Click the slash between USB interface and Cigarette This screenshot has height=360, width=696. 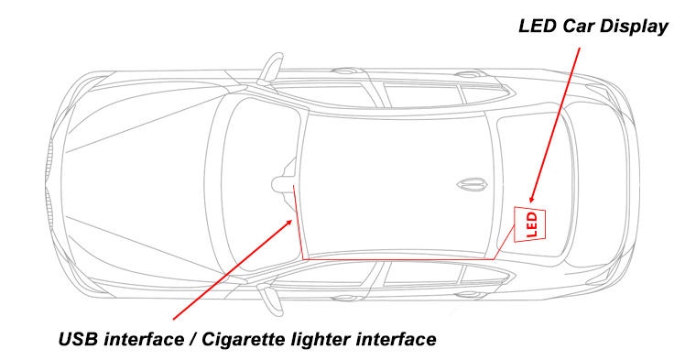pyautogui.click(x=191, y=340)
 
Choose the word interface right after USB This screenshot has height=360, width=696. pyautogui.click(x=143, y=339)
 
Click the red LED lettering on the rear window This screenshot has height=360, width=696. pyautogui.click(x=532, y=224)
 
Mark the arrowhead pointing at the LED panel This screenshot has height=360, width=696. pyautogui.click(x=532, y=200)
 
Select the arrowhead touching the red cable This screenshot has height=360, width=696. pyautogui.click(x=290, y=222)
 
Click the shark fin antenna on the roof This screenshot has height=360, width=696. pyautogui.click(x=473, y=183)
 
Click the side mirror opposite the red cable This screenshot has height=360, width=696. pyautogui.click(x=271, y=68)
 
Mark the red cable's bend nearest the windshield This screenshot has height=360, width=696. pyautogui.click(x=302, y=258)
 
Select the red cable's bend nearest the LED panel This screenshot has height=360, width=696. pyautogui.click(x=494, y=258)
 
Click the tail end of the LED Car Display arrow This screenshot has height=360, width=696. pyautogui.click(x=579, y=48)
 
